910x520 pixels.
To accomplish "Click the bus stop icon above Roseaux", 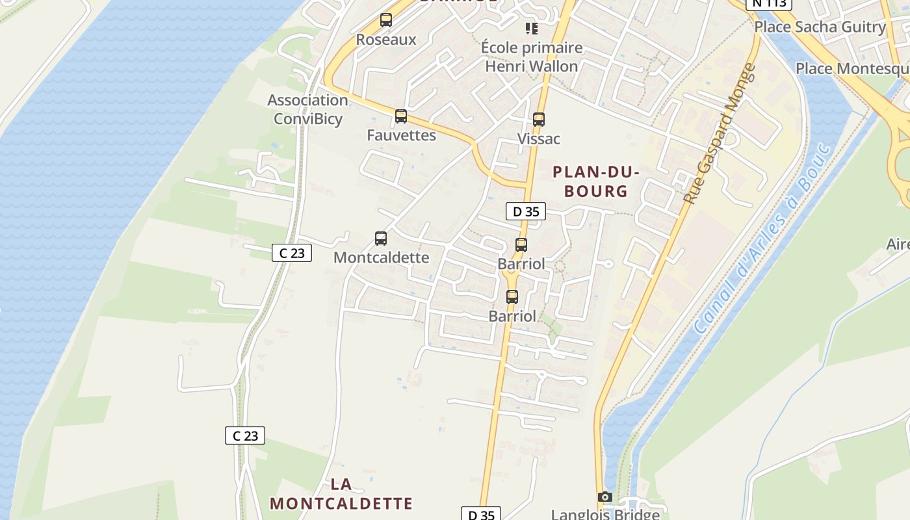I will click(386, 20).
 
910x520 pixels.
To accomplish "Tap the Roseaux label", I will click(386, 40).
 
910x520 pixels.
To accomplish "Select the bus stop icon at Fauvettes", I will click(401, 116).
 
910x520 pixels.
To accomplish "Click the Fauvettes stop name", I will click(401, 135).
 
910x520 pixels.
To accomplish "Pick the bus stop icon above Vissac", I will click(539, 120).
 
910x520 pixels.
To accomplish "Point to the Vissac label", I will click(539, 139).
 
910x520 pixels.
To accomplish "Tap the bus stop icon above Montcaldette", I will click(381, 239).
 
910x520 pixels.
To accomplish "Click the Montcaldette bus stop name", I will click(381, 257).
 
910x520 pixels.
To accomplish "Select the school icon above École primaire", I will click(532, 29).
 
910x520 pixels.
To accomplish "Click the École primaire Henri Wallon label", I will click(532, 57).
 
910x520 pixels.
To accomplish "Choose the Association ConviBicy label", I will click(307, 109).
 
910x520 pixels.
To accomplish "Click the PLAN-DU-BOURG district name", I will click(596, 181).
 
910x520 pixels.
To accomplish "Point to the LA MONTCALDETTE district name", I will click(341, 494).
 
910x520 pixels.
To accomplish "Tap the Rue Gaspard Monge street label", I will click(721, 133).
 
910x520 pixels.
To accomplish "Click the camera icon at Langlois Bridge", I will click(605, 497).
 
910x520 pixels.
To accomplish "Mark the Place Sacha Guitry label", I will click(820, 27).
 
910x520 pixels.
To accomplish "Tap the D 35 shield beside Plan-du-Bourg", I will click(526, 211).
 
